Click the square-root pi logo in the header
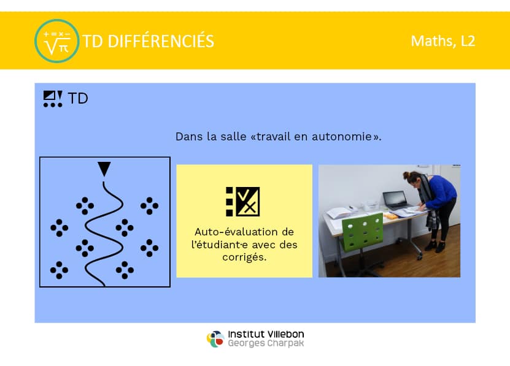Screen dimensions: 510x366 [57, 41]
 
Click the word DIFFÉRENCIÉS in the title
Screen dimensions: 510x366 [161, 41]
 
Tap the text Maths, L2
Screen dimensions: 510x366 [443, 41]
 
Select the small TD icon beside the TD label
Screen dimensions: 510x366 [53, 99]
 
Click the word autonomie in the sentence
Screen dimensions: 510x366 [342, 137]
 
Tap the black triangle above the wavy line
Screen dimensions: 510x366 [104, 169]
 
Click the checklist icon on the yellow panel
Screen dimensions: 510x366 [243, 202]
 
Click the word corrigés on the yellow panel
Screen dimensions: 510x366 [244, 257]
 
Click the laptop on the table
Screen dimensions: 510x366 [395, 200]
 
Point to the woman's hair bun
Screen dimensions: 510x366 [407, 175]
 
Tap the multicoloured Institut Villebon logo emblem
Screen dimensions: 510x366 [215, 338]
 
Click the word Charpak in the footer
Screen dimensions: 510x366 [285, 343]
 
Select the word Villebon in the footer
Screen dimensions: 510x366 [285, 334]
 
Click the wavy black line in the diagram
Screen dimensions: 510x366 [104, 234]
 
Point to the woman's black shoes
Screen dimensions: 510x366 [436, 246]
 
